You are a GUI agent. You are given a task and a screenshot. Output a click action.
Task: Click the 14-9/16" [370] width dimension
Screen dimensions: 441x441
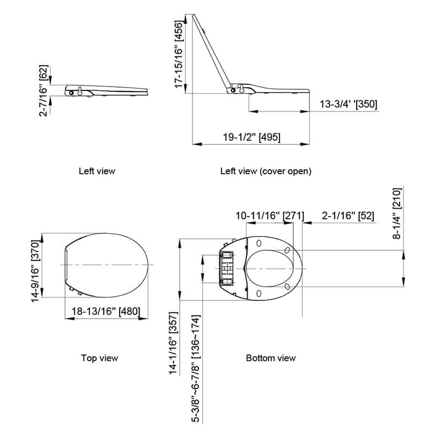(35, 266)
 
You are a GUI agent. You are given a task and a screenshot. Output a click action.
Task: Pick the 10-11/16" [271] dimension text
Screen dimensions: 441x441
(270, 216)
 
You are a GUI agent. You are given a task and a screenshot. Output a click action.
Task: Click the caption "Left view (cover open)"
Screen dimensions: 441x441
(266, 171)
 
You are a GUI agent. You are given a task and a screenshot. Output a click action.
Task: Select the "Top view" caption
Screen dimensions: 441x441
(99, 358)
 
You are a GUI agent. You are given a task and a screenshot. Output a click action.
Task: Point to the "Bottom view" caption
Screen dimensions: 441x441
(271, 358)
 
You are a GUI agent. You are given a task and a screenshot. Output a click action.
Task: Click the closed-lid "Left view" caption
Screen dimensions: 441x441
(97, 171)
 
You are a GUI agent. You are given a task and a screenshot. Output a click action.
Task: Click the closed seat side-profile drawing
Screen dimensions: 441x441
(107, 90)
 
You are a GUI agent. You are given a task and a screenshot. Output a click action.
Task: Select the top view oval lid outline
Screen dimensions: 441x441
(107, 266)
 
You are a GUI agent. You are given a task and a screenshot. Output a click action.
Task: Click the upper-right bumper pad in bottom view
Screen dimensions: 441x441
(288, 251)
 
